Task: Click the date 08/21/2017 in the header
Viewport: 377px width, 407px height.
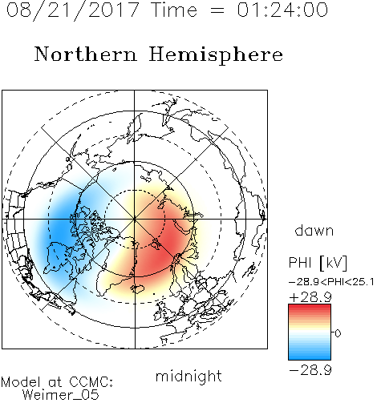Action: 72,10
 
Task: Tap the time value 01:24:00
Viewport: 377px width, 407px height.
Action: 282,10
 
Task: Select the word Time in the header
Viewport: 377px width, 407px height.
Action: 174,10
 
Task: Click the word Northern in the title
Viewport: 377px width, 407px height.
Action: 85,54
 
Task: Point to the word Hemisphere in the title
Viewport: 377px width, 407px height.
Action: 216,54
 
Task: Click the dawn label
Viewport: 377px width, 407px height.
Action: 314,230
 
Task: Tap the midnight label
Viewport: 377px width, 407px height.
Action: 188,376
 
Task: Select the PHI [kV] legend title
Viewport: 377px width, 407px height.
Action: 318,263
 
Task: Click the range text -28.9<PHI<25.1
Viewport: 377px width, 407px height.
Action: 331,282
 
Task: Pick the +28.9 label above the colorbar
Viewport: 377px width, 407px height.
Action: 310,297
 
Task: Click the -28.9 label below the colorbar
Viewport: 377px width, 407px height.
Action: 310,370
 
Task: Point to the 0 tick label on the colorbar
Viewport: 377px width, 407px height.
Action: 338,333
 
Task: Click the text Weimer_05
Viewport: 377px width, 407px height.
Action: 61,395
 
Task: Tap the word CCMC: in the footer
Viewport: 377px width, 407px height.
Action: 91,382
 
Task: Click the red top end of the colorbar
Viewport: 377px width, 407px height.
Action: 310,306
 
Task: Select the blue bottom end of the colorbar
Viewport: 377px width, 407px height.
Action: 310,357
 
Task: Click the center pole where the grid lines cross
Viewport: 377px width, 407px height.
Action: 135,219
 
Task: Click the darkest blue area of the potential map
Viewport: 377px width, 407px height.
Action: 60,227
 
